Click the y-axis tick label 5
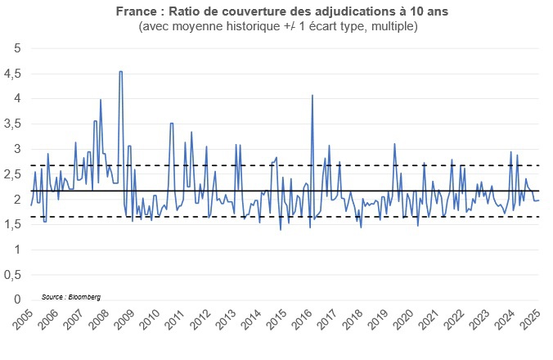click(17, 47)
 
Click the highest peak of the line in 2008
click(121, 71)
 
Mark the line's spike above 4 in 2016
click(312, 96)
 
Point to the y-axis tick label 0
click(17, 300)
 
